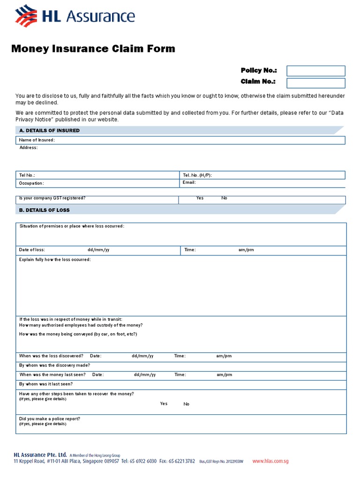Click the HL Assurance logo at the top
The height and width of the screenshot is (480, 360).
point(75,17)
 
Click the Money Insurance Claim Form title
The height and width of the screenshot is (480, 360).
point(93,49)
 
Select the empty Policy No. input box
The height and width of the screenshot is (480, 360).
point(315,71)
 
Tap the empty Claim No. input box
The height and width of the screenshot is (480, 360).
point(315,83)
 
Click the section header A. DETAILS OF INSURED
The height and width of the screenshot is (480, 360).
point(49,130)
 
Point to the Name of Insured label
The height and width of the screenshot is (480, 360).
point(37,140)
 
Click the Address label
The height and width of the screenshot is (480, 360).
point(29,148)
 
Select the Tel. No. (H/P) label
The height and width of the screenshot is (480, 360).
point(197,175)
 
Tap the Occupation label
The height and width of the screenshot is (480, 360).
point(31,183)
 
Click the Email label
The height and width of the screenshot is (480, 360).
point(189,182)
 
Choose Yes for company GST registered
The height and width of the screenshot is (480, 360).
point(200,198)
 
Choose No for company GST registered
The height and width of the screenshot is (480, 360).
point(224,198)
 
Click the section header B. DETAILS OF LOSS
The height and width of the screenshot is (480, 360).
point(45,210)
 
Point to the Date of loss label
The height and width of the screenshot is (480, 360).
point(32,250)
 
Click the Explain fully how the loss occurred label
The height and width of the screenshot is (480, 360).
point(55,259)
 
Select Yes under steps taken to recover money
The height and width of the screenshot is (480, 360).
point(164,404)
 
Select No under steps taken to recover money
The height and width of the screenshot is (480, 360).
point(187,404)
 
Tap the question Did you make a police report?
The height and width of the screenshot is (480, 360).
point(49,419)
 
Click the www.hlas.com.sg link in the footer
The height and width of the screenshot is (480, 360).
point(270,461)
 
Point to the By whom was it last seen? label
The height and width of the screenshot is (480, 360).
point(45,384)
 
